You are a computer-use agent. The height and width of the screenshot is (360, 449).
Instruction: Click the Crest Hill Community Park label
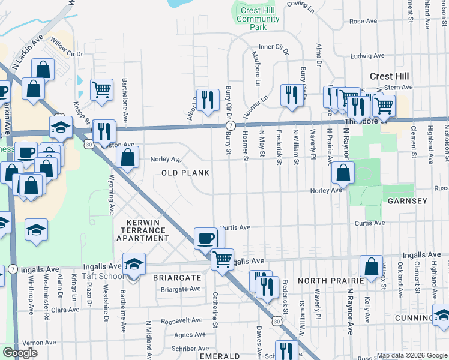(x=258, y=19)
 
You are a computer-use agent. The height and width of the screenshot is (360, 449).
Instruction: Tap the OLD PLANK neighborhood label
(x=185, y=173)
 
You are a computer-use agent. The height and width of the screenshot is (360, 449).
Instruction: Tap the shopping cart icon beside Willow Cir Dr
(x=102, y=90)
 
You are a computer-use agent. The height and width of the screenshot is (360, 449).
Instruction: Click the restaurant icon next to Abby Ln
(x=208, y=100)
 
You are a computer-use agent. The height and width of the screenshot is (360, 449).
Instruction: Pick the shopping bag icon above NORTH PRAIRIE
(x=372, y=266)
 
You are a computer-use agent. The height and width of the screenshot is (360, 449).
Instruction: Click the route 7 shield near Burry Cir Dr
(x=230, y=125)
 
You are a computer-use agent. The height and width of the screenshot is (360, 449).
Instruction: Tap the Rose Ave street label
(x=362, y=21)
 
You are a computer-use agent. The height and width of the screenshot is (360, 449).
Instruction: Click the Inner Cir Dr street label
(x=274, y=47)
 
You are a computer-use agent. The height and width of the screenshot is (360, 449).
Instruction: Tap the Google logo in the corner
(x=20, y=352)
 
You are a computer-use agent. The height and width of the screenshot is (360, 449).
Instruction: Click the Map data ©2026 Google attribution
(x=412, y=355)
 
